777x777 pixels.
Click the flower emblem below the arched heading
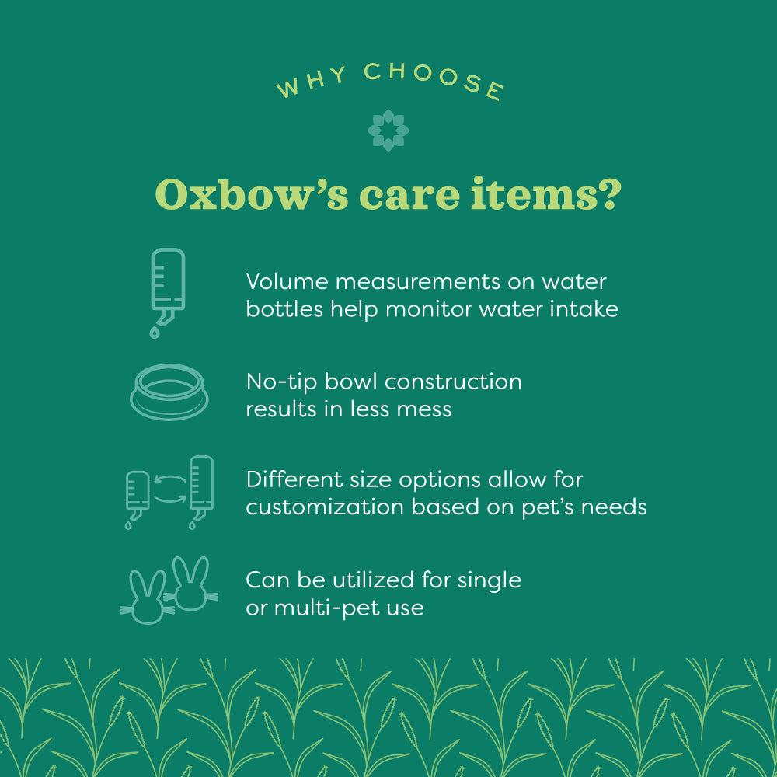point(388,130)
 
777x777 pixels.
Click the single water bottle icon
point(167,284)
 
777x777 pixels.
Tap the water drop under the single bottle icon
point(154,332)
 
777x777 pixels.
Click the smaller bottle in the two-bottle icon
point(138,493)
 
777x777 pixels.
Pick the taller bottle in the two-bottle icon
point(201,486)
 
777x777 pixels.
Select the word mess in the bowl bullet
point(426,409)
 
